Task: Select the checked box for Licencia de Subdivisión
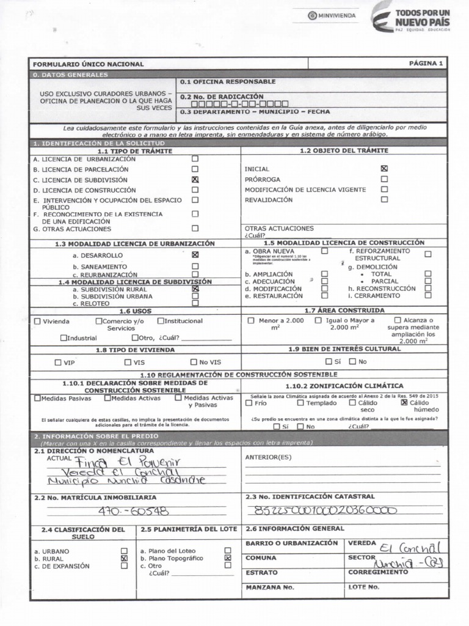click(x=195, y=180)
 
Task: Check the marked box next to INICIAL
click(x=384, y=168)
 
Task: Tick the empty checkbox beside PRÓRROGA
click(x=384, y=179)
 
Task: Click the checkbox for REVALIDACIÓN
click(x=384, y=199)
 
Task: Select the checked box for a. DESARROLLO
click(x=195, y=254)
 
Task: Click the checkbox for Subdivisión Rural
click(x=195, y=289)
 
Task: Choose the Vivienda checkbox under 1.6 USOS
click(x=38, y=321)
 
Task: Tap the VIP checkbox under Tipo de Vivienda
click(x=59, y=362)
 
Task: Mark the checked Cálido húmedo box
click(x=404, y=403)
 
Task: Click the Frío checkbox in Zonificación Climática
click(x=249, y=403)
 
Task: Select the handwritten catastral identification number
click(x=324, y=510)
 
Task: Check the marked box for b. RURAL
click(x=125, y=558)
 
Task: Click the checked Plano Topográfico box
click(x=228, y=558)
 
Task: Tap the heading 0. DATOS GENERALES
click(x=70, y=75)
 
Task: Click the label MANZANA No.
click(x=269, y=587)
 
